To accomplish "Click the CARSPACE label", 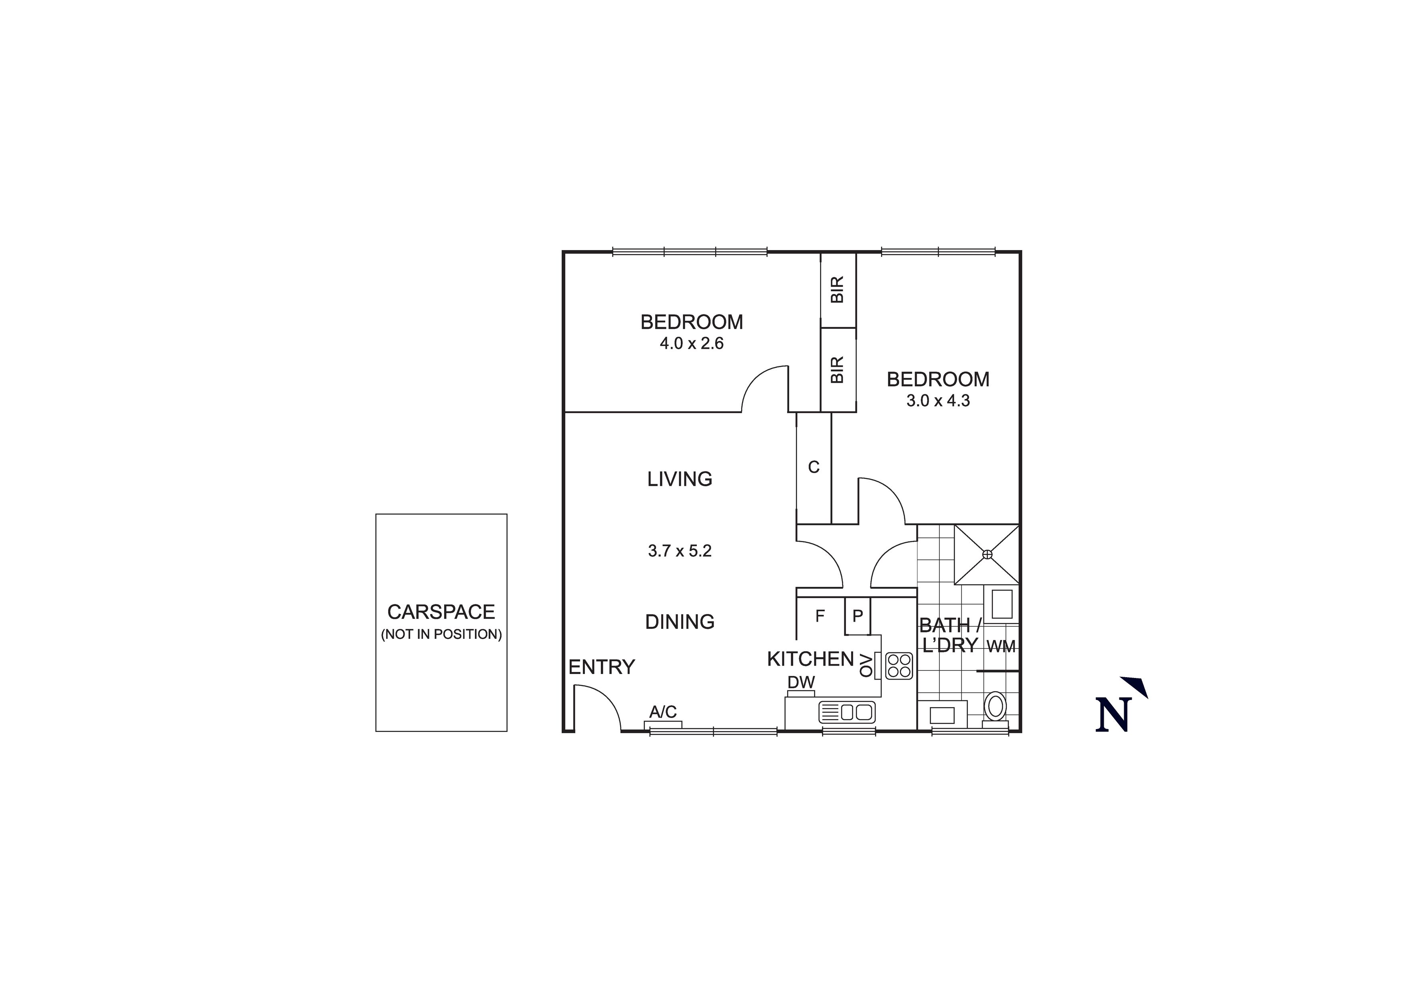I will point(441,612).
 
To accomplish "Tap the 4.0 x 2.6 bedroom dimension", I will point(691,344).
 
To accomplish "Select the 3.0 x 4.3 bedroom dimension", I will point(938,401).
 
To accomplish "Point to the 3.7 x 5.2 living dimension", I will point(680,551).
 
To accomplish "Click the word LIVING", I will point(680,479).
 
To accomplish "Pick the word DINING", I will point(680,622).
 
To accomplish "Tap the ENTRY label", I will point(602,667).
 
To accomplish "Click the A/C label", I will point(662,712).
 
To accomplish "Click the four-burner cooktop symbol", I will point(899,666).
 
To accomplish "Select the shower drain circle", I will point(987,554).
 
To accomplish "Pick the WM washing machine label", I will point(1001,647).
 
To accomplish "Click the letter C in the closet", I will point(814,467).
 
